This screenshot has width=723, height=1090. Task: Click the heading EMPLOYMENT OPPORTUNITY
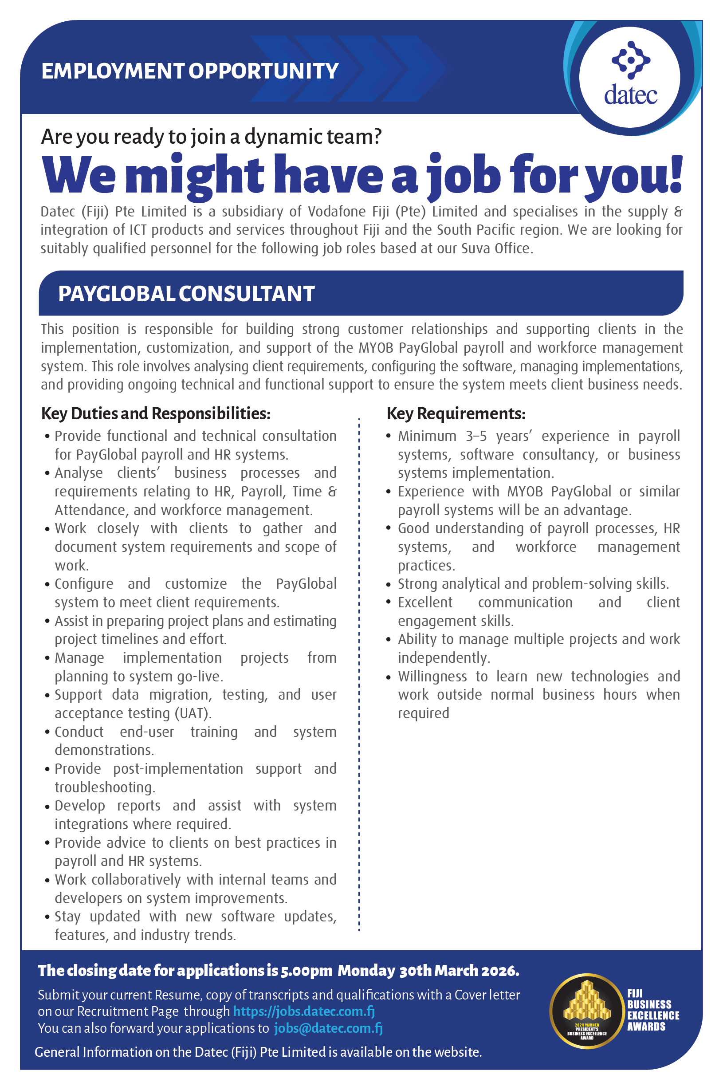(x=190, y=71)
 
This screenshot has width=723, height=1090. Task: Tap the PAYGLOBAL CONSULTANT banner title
(x=186, y=294)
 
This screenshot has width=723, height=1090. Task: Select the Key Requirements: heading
(x=456, y=413)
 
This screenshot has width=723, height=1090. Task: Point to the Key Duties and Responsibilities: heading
(x=155, y=413)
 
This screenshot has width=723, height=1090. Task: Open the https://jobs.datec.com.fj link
(x=304, y=1011)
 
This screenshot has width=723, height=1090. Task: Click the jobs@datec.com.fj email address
(x=328, y=1028)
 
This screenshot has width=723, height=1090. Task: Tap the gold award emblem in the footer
(x=586, y=1011)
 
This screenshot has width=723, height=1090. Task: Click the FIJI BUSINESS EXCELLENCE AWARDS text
(x=652, y=1010)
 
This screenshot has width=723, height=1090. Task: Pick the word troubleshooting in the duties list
(x=105, y=787)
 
